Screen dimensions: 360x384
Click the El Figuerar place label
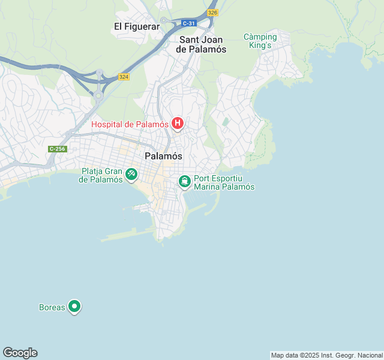(137, 26)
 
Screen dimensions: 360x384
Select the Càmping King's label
(260, 41)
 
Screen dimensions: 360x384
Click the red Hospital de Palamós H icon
(178, 124)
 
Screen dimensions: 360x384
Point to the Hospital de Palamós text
(130, 124)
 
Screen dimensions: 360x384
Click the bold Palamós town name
(164, 156)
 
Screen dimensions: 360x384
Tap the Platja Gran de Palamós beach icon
(131, 175)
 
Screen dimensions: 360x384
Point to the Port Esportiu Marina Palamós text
(224, 182)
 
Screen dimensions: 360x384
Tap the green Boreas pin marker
(74, 307)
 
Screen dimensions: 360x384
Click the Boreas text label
(52, 307)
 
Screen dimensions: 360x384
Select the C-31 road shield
(189, 23)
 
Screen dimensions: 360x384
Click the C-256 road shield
(58, 149)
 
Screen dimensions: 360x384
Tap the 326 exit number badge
(212, 12)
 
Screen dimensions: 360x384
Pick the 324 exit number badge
(124, 77)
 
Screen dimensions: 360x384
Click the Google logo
(20, 353)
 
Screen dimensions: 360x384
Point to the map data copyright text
(326, 355)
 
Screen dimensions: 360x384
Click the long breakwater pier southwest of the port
(129, 236)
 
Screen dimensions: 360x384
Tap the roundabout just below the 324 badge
(98, 94)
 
